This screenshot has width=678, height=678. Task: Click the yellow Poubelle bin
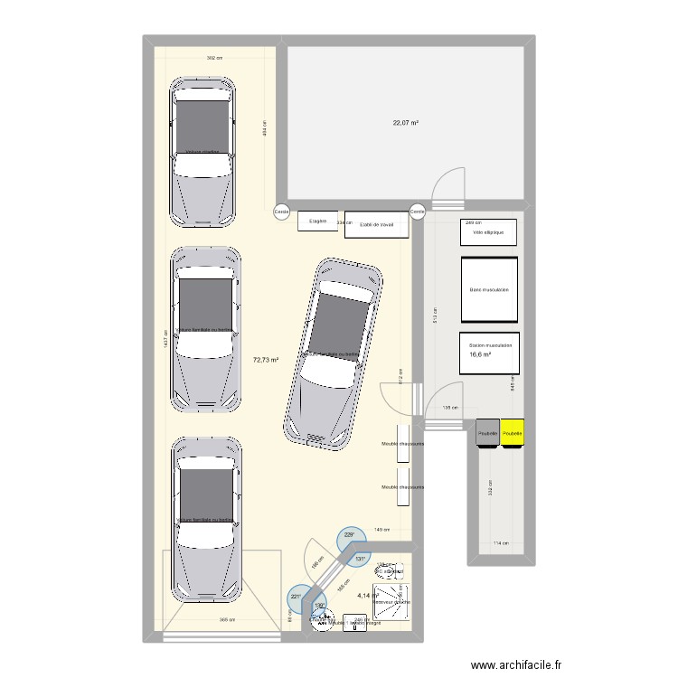[x=513, y=433]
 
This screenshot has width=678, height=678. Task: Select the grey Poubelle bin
[x=487, y=433]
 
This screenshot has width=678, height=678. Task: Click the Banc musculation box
[x=490, y=289]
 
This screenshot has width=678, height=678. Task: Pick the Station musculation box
[x=490, y=352]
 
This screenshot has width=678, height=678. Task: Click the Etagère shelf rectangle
[x=317, y=221]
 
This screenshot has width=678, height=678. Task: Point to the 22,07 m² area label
[x=405, y=123]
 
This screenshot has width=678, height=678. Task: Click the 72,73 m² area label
[x=266, y=360]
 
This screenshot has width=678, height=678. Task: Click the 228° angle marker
[x=350, y=536]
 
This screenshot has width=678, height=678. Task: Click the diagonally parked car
[x=332, y=353]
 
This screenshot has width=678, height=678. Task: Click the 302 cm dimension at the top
[x=214, y=58]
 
